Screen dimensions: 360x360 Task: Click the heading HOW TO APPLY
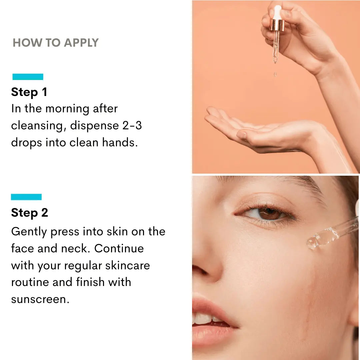point(56,43)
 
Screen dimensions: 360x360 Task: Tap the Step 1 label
point(29,92)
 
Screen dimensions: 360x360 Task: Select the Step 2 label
point(30,213)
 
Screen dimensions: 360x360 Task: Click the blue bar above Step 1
point(28,77)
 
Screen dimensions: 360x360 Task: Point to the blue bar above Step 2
point(26,197)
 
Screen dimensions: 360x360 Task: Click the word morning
point(67,109)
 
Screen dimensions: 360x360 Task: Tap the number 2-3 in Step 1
point(132,125)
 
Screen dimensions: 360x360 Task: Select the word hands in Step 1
point(120,142)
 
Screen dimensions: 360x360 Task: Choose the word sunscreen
point(40,299)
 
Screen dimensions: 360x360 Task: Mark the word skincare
point(127,265)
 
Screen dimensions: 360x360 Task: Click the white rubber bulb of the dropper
point(278,12)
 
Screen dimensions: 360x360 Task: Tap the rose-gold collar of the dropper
point(277,25)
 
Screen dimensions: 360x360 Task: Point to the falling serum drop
point(275,74)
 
